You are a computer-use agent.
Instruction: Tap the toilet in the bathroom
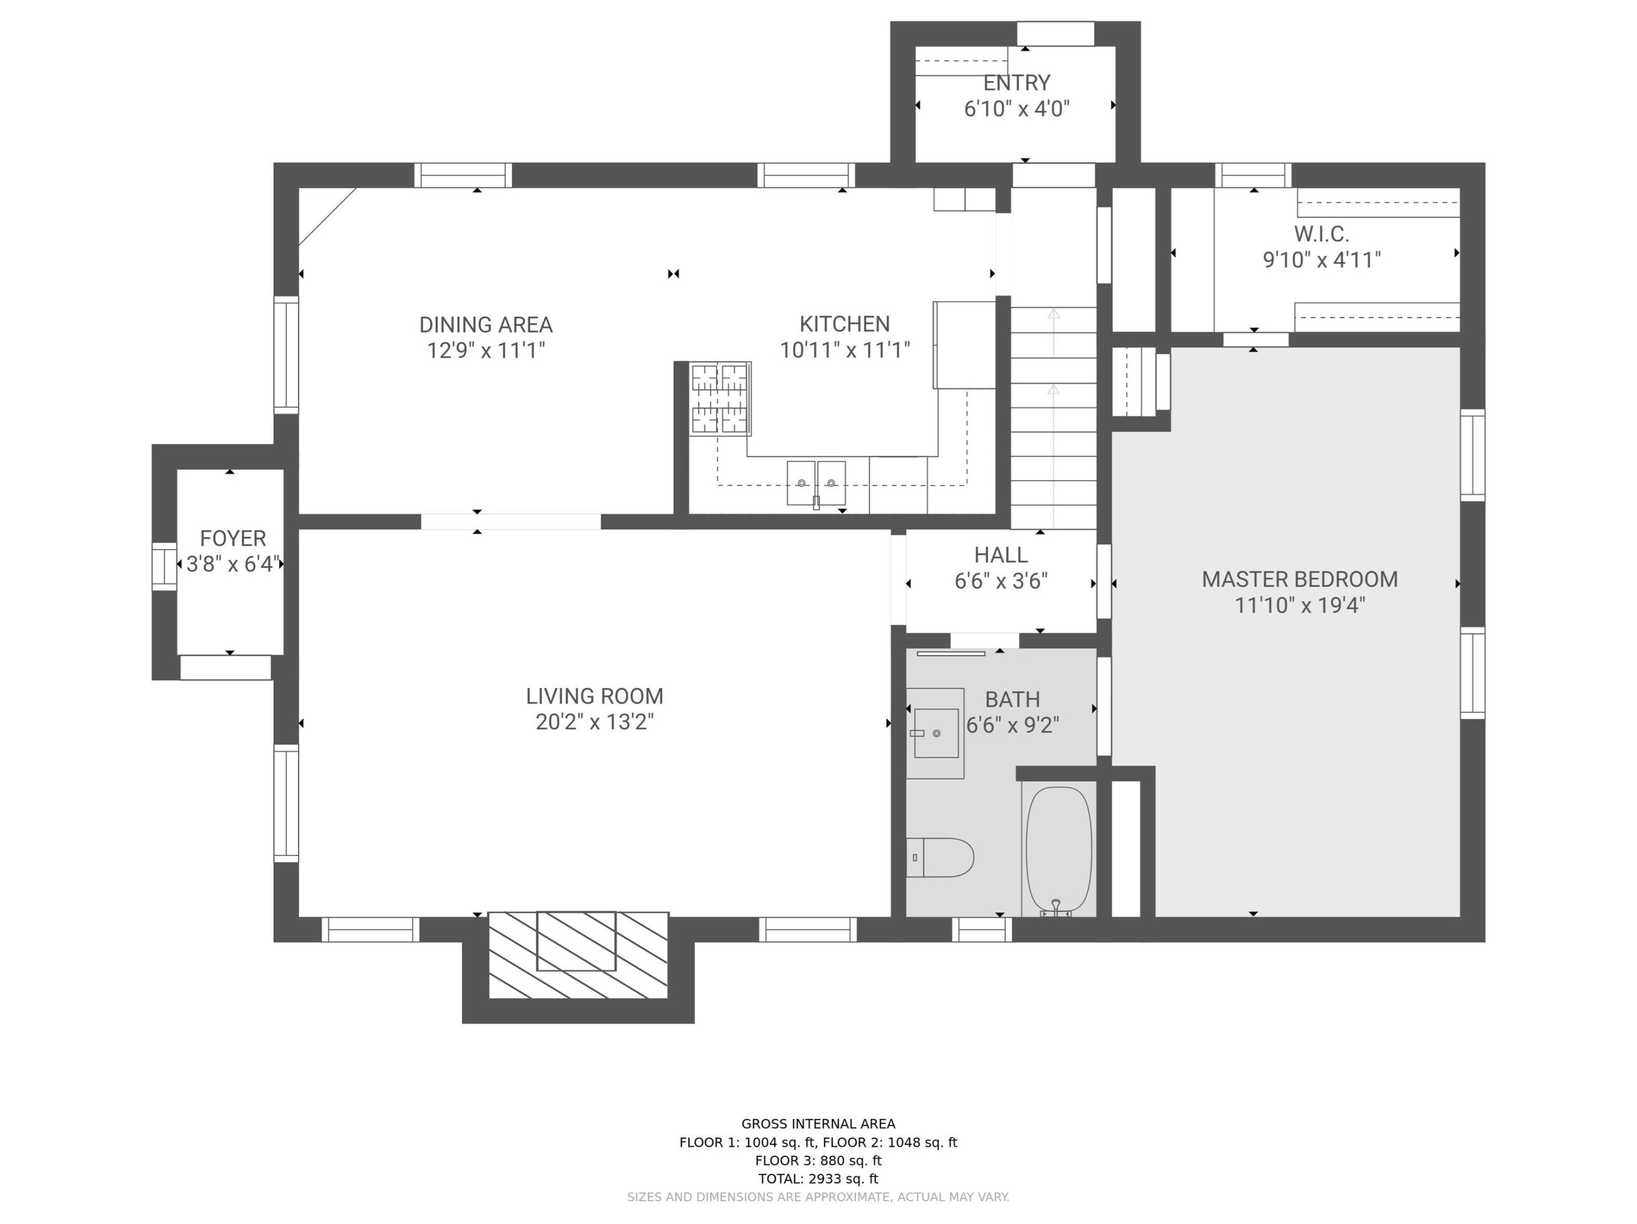941,858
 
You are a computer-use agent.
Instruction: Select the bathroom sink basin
936,733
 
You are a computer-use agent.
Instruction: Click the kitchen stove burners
720,398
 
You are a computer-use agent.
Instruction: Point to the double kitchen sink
816,483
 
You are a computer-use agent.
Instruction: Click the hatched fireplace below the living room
578,955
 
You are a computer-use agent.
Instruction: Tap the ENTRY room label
1016,82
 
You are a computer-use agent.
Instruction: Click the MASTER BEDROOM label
1299,579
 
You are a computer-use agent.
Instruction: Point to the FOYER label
232,538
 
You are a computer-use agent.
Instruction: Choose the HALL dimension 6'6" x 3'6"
1001,581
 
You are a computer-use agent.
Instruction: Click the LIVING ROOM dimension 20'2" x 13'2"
594,722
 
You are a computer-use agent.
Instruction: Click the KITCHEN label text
844,323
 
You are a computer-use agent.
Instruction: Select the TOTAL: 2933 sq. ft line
818,1178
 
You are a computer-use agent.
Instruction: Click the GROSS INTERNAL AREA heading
818,1123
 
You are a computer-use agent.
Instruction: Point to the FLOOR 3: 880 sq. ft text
818,1160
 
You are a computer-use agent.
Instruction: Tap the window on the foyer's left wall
164,566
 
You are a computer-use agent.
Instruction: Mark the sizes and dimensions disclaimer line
818,1196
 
